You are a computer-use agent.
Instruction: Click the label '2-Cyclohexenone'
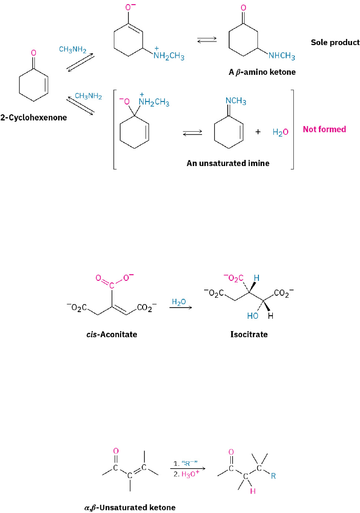click(x=33, y=117)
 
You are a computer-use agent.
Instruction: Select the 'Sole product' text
click(x=335, y=43)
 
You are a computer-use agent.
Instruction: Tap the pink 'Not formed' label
click(x=324, y=129)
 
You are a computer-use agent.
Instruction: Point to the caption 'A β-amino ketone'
click(x=262, y=72)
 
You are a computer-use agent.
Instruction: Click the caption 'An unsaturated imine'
click(x=228, y=163)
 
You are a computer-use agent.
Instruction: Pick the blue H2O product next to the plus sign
click(x=280, y=132)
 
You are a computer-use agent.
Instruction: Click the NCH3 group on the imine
click(x=236, y=101)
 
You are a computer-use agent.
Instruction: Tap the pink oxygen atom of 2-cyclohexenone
click(x=33, y=52)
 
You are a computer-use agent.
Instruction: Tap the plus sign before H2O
click(x=258, y=132)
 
